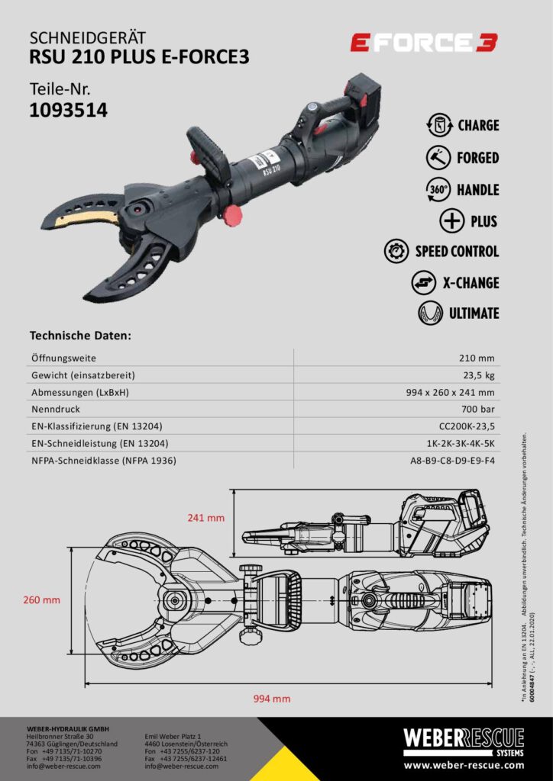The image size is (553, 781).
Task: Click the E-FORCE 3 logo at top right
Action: click(x=424, y=43)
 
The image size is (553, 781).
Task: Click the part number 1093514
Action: click(x=68, y=110)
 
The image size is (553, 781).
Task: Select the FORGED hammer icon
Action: click(x=438, y=158)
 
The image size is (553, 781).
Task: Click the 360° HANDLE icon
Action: click(x=438, y=189)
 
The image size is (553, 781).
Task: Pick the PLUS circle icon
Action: click(x=451, y=221)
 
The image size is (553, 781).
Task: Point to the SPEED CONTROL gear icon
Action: click(x=397, y=251)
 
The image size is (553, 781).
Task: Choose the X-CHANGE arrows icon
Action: click(x=423, y=283)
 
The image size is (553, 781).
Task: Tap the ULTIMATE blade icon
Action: click(x=431, y=313)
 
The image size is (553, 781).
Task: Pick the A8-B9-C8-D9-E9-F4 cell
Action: click(x=452, y=461)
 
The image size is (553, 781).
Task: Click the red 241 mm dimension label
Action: click(x=206, y=518)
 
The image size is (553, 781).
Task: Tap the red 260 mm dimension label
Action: click(x=41, y=600)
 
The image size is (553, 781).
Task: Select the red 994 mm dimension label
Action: click(x=272, y=699)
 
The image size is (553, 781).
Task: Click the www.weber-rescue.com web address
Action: click(x=464, y=765)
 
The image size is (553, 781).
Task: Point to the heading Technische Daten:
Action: click(x=80, y=335)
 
